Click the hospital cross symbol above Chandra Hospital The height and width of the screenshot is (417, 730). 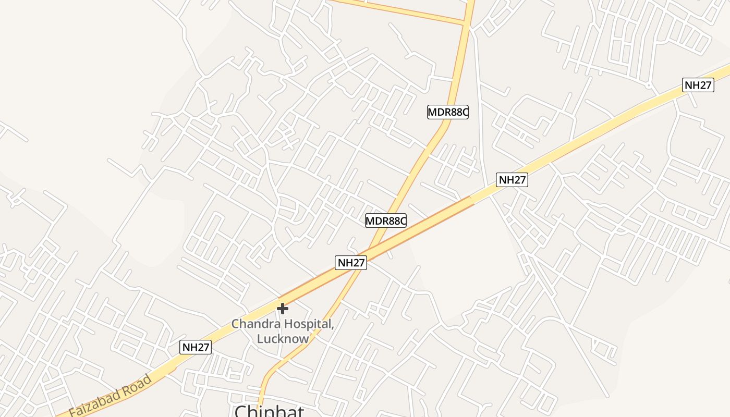coord(283,309)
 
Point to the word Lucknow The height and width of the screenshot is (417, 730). coord(283,338)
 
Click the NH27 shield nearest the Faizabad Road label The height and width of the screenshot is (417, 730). coord(196,347)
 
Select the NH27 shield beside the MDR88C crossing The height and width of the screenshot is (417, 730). coord(351,262)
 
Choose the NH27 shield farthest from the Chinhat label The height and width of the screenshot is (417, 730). coord(698,85)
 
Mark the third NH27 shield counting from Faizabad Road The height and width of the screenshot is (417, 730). coord(512,180)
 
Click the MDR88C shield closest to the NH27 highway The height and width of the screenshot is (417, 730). coord(386,220)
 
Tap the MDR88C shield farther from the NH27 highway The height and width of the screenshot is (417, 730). coord(448,112)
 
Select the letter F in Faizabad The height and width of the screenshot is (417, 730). coord(71,411)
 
